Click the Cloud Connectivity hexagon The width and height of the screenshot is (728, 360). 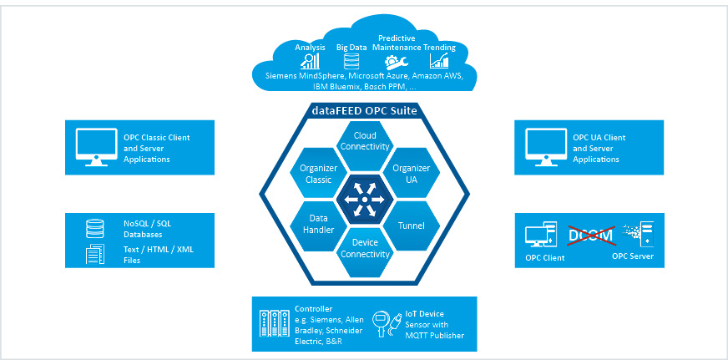click(364, 140)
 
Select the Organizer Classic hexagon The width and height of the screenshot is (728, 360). click(318, 173)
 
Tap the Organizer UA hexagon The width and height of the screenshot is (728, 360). click(411, 173)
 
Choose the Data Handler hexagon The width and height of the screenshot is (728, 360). click(318, 224)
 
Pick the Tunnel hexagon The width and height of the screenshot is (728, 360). click(411, 225)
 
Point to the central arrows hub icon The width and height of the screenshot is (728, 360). click(364, 199)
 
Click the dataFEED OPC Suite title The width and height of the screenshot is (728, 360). click(364, 110)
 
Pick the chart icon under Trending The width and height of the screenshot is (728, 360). click(439, 61)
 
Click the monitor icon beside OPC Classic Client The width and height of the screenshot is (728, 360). click(92, 146)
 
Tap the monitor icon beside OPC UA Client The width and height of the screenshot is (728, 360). click(541, 146)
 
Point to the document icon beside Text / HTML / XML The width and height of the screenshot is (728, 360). click(95, 254)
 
